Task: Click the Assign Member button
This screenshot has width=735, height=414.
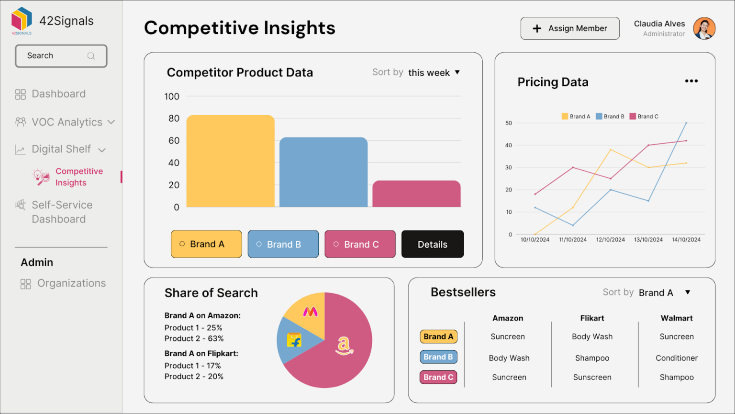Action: click(569, 29)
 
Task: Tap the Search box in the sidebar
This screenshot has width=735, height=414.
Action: click(61, 56)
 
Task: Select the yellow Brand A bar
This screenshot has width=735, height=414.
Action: click(230, 161)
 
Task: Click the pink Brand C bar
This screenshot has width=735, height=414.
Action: click(416, 194)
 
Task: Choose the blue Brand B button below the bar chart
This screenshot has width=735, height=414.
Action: click(283, 244)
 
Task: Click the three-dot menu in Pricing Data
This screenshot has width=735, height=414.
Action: click(691, 81)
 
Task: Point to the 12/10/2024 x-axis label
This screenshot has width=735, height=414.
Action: click(610, 240)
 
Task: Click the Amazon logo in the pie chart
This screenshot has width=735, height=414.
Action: click(344, 345)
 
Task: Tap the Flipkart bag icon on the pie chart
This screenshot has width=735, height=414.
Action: click(294, 340)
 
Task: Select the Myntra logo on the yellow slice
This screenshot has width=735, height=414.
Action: click(310, 312)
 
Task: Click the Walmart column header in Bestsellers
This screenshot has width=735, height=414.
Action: click(676, 318)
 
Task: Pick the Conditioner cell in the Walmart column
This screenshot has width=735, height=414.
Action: click(676, 358)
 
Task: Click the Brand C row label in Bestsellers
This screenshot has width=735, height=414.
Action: click(438, 377)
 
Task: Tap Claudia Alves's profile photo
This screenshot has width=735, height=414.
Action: click(704, 29)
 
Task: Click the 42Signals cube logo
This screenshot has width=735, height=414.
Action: click(22, 19)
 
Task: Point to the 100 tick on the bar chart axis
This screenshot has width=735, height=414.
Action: click(172, 97)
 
